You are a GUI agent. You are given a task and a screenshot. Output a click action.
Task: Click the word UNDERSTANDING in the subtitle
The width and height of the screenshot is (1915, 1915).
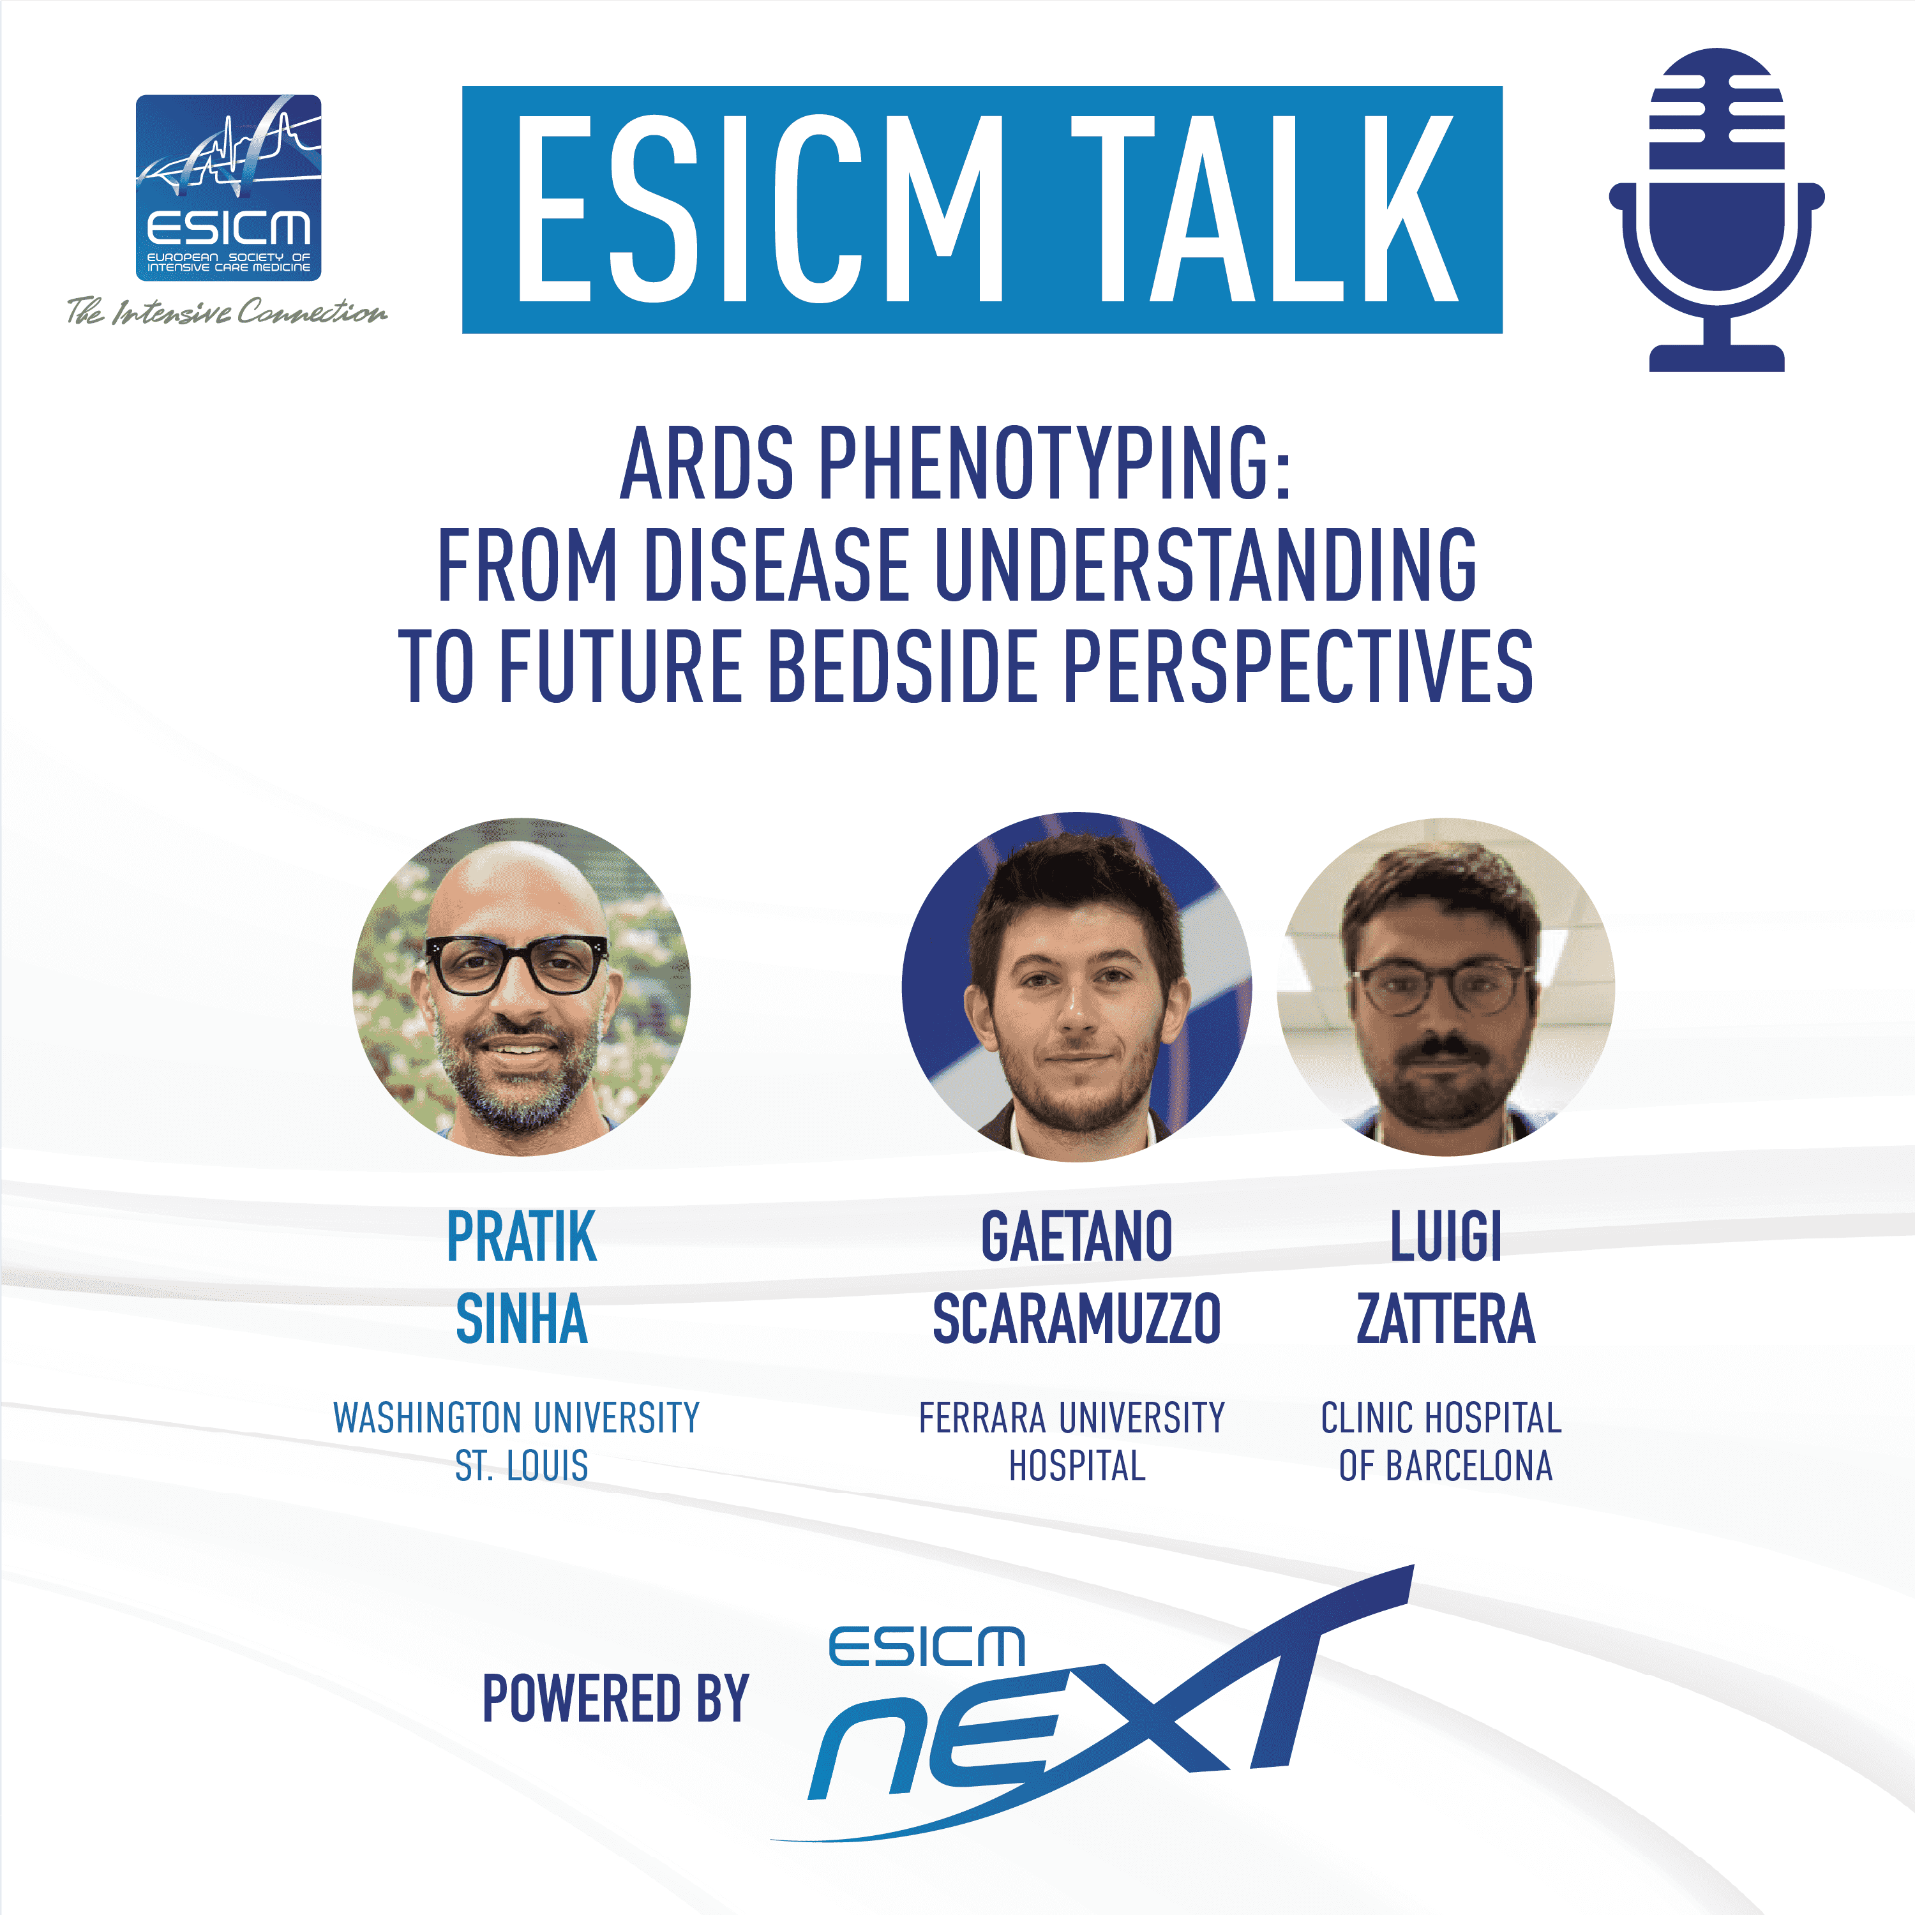click(1205, 564)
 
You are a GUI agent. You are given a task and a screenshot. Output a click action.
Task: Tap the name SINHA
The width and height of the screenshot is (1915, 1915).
click(522, 1318)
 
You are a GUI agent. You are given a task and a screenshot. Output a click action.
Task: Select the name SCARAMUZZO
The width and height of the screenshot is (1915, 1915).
click(1076, 1318)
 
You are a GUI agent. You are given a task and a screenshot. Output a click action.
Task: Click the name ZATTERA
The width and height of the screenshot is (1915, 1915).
click(1446, 1318)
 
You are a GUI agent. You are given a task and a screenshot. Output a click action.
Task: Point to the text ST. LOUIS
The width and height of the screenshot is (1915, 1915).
click(522, 1465)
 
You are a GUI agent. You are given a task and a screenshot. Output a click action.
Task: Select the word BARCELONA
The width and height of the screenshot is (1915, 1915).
click(1469, 1465)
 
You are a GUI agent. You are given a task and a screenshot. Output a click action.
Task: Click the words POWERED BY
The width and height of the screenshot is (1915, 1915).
click(615, 1698)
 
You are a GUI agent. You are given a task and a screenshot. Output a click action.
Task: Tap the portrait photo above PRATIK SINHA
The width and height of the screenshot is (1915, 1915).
click(522, 986)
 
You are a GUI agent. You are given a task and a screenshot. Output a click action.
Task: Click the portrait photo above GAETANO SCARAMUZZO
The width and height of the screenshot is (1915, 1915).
click(1076, 986)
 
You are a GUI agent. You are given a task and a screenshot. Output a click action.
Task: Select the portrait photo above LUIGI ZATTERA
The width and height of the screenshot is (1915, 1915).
click(1446, 986)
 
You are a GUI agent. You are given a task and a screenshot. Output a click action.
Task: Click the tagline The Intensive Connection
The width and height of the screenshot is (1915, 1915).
click(227, 312)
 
